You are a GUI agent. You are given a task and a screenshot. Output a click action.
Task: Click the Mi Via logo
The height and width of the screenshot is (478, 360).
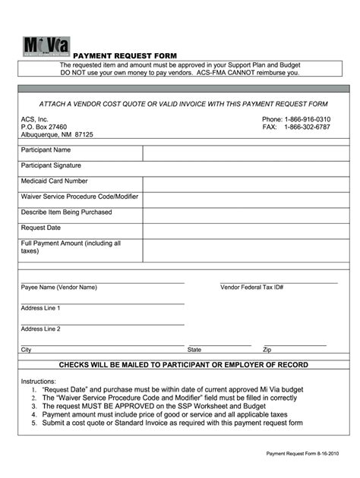[46, 46]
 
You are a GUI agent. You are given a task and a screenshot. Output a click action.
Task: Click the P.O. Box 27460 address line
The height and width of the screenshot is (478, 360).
[44, 127]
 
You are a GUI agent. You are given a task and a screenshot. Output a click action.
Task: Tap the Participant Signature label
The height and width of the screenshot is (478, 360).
[51, 165]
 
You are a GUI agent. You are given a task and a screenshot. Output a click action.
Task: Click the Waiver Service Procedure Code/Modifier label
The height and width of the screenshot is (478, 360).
[80, 197]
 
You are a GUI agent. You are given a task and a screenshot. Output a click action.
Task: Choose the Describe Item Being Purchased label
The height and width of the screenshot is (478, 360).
[66, 212]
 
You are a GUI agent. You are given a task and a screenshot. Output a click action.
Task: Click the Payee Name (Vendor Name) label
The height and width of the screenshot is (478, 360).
[59, 288]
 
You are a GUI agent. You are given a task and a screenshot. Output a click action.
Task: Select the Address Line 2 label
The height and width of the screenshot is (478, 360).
[41, 329]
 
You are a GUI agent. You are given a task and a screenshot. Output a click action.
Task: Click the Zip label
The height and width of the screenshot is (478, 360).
[267, 351]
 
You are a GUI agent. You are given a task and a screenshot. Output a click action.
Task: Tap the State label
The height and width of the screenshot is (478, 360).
[194, 351]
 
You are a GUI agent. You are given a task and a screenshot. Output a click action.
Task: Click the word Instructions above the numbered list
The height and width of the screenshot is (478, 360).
[39, 381]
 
